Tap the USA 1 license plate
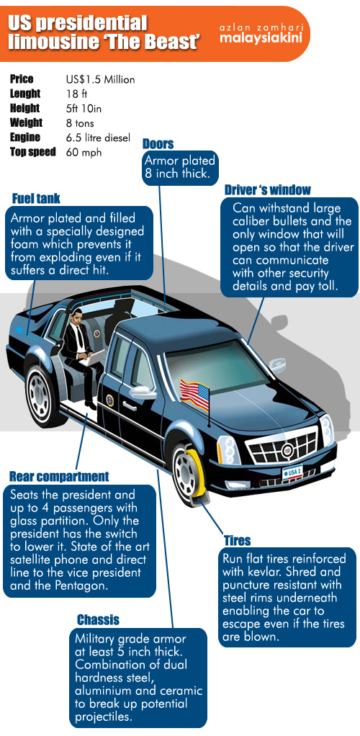[292, 471]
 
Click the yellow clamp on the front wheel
[197, 472]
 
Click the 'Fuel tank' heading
[36, 198]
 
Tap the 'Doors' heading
[158, 143]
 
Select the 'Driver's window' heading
[268, 189]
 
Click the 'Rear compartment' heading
[59, 477]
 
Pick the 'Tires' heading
[237, 540]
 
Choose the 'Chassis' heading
[98, 619]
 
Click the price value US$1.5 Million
[101, 79]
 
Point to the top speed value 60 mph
[84, 153]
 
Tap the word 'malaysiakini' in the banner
[260, 38]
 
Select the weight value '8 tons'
[80, 123]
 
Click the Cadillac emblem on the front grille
[287, 452]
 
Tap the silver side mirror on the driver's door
[143, 392]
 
